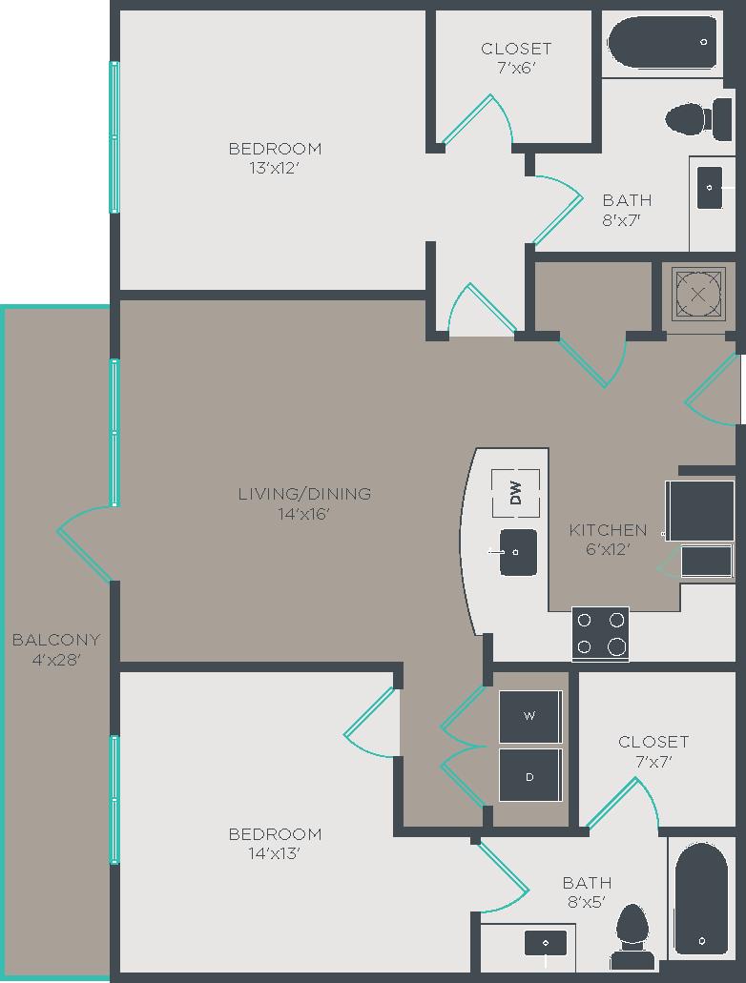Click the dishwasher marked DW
[x=516, y=493]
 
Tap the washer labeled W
[x=530, y=716]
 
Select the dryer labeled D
[x=530, y=775]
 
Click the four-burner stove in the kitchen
[x=600, y=634]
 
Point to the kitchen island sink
[x=518, y=552]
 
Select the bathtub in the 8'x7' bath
[x=662, y=43]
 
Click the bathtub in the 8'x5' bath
[x=701, y=898]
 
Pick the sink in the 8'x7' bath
[x=710, y=188]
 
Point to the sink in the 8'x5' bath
[x=546, y=943]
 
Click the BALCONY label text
[x=55, y=640]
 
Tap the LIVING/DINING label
[x=304, y=494]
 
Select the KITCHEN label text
[x=608, y=530]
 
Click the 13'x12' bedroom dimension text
[x=275, y=169]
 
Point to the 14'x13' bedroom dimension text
[x=275, y=854]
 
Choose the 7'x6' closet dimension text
[x=516, y=68]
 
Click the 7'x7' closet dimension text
[x=653, y=762]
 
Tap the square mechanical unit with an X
[x=699, y=293]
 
